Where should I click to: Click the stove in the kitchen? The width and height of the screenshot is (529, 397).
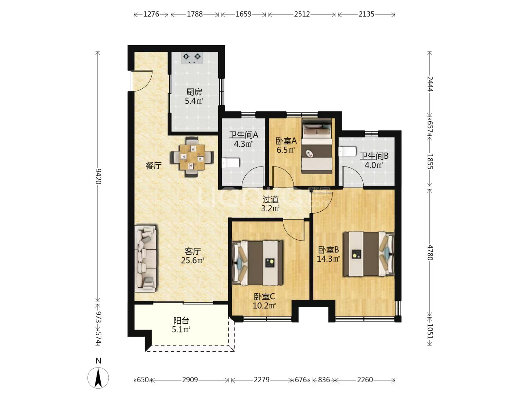tap(192, 58)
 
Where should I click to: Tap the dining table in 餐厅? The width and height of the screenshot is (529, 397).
tap(192, 157)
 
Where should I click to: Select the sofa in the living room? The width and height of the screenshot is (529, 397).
tap(145, 259)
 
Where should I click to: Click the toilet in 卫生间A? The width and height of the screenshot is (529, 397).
tap(230, 163)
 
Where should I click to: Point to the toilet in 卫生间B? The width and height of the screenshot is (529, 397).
tap(347, 151)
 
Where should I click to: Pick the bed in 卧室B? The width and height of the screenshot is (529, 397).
tap(369, 254)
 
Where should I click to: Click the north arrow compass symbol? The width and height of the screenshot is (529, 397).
tap(98, 378)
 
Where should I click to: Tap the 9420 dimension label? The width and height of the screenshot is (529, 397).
tap(98, 176)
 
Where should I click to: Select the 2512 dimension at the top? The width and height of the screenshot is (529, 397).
tap(302, 14)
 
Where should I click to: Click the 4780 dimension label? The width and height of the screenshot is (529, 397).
tap(430, 253)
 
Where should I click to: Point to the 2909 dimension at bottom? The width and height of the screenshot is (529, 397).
tap(190, 380)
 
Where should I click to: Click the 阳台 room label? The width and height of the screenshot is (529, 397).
tap(181, 321)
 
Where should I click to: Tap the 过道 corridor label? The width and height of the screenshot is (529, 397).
tap(270, 199)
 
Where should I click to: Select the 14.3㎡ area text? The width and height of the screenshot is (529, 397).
tap(328, 259)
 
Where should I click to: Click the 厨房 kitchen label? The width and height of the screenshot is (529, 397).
tap(194, 92)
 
